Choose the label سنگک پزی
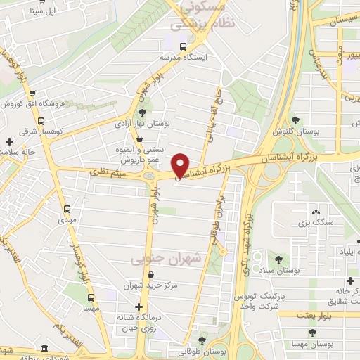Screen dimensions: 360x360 pyautogui.click(x=313, y=223)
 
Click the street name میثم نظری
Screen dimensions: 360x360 pyautogui.click(x=108, y=172)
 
